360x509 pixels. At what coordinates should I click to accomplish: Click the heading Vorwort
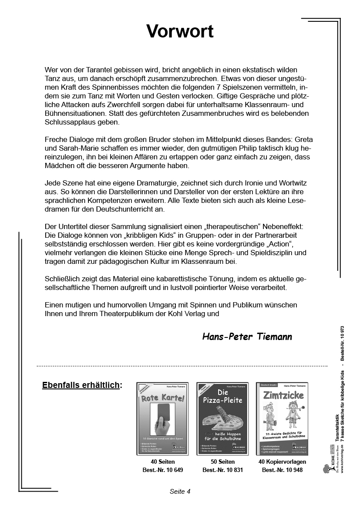coord(180,31)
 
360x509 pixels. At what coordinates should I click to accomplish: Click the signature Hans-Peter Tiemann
coord(247,337)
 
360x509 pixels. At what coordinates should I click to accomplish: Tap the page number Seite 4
coord(180,492)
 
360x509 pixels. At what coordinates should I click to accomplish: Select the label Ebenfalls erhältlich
coord(81,385)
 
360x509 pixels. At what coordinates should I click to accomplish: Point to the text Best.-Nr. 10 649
coord(163,470)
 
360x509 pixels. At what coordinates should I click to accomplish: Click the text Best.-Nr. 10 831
coord(222,470)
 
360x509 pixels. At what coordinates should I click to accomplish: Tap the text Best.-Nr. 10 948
coord(282,470)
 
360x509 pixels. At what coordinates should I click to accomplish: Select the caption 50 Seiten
coord(222,462)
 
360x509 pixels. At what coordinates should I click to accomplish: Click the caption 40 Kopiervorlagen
coord(282,462)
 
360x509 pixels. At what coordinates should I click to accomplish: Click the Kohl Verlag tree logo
coord(326,468)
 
